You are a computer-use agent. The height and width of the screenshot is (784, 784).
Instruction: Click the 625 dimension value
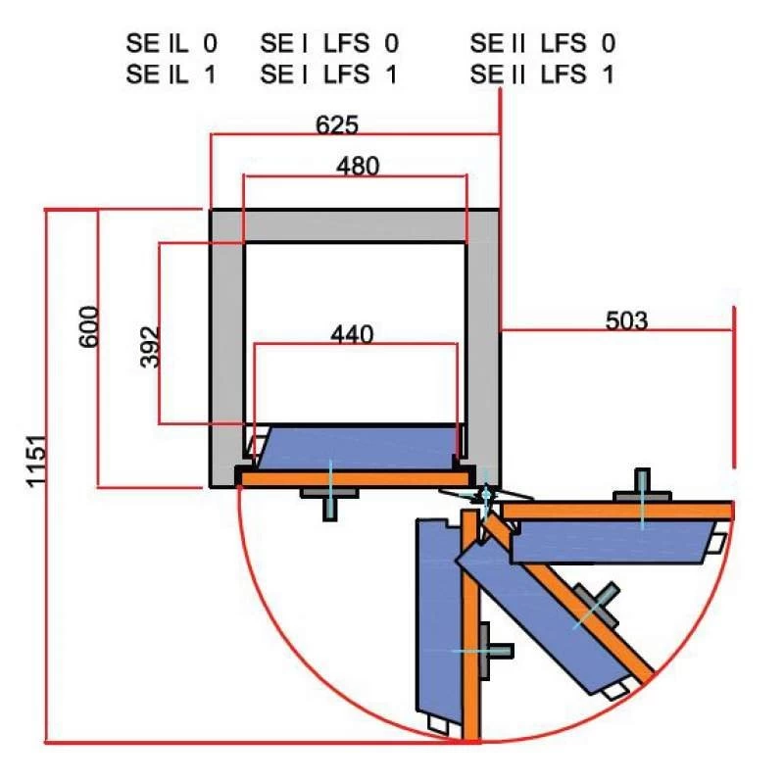coord(337,125)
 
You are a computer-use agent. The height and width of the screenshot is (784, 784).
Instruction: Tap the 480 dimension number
coord(358,166)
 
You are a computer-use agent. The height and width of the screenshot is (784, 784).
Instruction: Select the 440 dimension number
coord(352,334)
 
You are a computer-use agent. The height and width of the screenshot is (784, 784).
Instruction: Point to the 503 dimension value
coord(626,320)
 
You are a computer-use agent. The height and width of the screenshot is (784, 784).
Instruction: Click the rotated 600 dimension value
coord(89,326)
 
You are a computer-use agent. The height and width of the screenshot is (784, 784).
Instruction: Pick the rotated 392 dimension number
coord(150,347)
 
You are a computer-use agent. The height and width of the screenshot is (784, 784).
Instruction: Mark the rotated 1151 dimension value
coord(36,461)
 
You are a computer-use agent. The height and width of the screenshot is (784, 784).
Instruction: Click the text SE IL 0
coord(171,43)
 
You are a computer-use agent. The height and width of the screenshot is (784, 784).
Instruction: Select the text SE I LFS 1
coord(328,74)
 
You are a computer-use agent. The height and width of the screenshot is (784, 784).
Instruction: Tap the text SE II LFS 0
coord(543,43)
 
